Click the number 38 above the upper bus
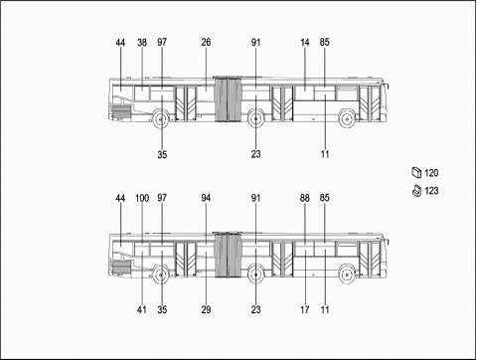pyautogui.click(x=142, y=43)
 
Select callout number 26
pyautogui.click(x=206, y=43)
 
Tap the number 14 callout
pyautogui.click(x=305, y=43)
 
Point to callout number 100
pyautogui.click(x=142, y=198)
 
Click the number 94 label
pyautogui.click(x=206, y=198)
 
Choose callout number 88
pyautogui.click(x=305, y=198)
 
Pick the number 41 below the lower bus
pyautogui.click(x=142, y=309)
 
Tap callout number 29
pyautogui.click(x=206, y=309)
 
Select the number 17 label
pyautogui.click(x=305, y=309)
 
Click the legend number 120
pyautogui.click(x=431, y=173)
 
